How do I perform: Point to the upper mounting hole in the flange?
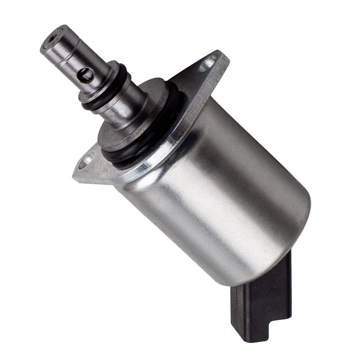click(208, 63)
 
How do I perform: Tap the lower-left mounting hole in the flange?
click(85, 161)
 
